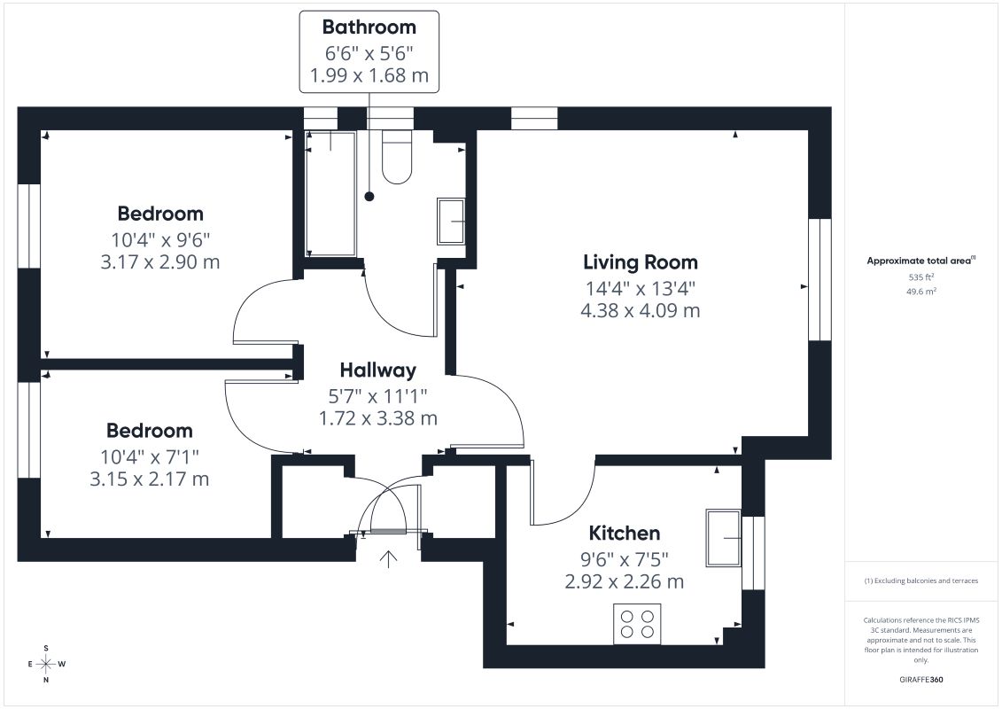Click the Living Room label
641,262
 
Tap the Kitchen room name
625,534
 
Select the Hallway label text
377,370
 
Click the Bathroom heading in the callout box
369,27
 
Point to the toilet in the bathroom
397,157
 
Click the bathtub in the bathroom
330,194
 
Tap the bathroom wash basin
451,222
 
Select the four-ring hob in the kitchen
637,624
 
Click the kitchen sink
724,538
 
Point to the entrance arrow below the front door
388,558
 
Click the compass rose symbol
46,665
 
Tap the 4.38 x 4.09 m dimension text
641,311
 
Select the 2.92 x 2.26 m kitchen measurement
625,581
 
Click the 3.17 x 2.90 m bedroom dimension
160,262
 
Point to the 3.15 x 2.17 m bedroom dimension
150,479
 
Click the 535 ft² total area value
920,277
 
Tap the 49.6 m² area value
920,292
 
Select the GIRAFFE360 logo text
920,680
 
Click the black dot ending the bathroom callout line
369,196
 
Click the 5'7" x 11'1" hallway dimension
377,396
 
